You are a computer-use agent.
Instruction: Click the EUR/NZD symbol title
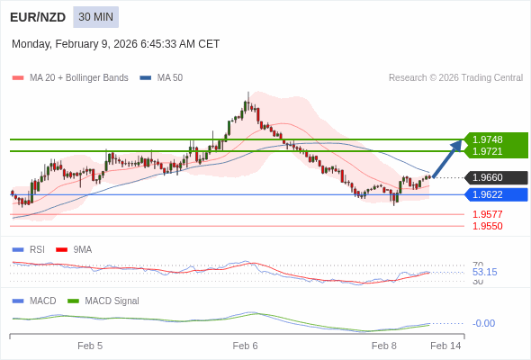click(38, 17)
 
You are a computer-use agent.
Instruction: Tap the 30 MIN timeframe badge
click(95, 17)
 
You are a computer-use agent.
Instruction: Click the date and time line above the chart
click(115, 44)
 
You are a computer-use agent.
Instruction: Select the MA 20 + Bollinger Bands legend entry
click(71, 78)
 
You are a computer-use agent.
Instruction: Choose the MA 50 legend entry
click(162, 78)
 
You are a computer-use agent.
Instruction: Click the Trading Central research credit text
click(455, 78)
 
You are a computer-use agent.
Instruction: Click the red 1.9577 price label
click(488, 214)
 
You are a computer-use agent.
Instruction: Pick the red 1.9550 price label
click(488, 226)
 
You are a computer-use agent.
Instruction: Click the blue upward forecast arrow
click(447, 158)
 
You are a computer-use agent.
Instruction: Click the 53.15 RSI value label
click(484, 272)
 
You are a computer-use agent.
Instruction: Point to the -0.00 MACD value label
click(483, 323)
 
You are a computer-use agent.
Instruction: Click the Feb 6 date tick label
click(245, 346)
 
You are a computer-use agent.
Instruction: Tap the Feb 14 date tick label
click(445, 346)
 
